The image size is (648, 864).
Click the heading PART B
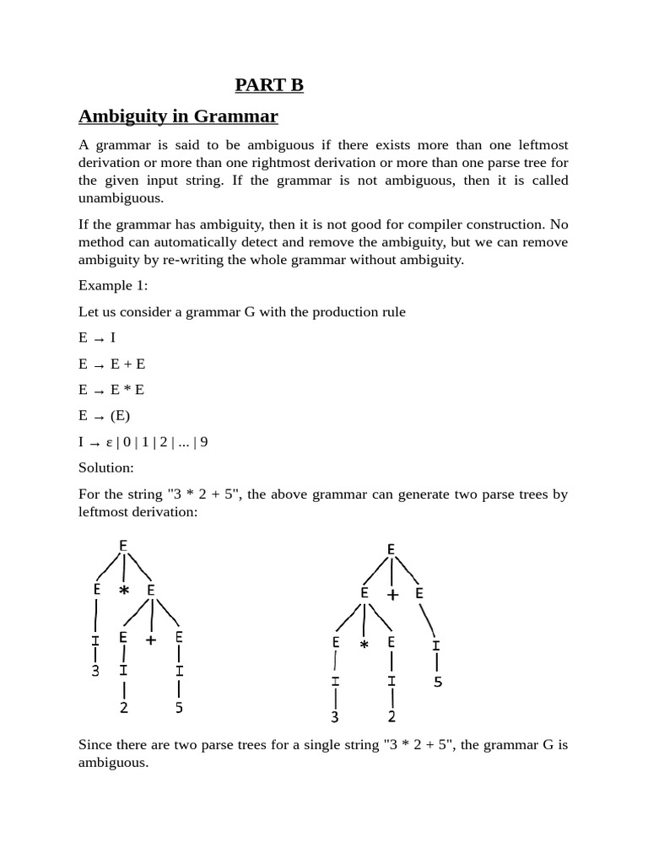click(x=268, y=84)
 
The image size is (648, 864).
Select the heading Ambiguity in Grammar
click(x=178, y=116)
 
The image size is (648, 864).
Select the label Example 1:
click(x=113, y=285)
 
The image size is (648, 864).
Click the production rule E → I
click(x=97, y=337)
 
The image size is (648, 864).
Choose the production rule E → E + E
click(x=111, y=364)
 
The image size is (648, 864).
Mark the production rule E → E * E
click(x=111, y=390)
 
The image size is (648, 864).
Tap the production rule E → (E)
click(x=105, y=416)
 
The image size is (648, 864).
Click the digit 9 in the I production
click(x=203, y=442)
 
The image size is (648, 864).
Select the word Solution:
click(x=106, y=467)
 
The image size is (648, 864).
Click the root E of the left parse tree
click(x=124, y=545)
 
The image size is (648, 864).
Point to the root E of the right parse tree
click(x=391, y=549)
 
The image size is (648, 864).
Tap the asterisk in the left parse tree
click(x=124, y=591)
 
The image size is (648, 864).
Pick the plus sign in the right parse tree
click(x=392, y=595)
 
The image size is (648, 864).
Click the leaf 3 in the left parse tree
click(x=95, y=672)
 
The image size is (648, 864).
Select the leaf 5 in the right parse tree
click(x=437, y=681)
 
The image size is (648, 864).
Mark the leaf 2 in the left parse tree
click(x=124, y=708)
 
